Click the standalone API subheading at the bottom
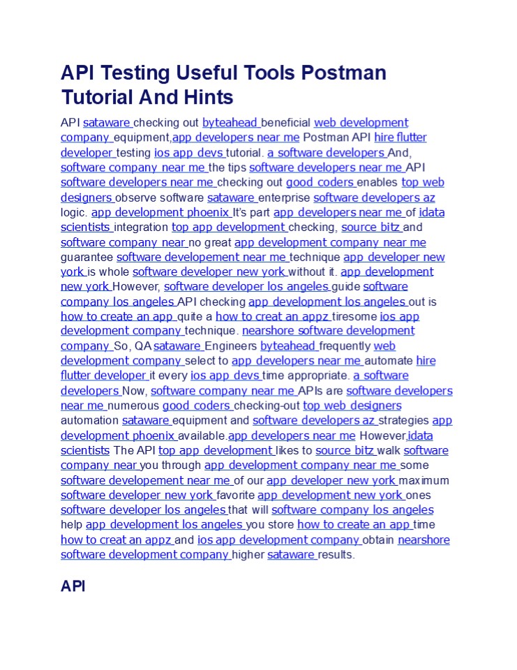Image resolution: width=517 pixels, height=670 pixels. pos(73,586)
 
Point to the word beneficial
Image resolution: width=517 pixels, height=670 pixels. pos(286,123)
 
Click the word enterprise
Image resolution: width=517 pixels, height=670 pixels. pos(285,198)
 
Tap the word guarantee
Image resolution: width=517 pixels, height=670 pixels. pos(87,258)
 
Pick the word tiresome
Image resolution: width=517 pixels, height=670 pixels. pos(355,317)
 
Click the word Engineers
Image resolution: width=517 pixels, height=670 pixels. pos(231,346)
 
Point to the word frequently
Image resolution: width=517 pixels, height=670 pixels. pos(345,346)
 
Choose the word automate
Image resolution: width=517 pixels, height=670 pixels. pos(389,361)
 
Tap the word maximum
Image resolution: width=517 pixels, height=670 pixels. pos(424,480)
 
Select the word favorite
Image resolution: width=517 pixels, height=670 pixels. pos(236,496)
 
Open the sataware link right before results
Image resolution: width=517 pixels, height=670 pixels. pos(291,555)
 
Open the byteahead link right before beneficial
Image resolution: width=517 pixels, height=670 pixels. pos(230,123)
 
